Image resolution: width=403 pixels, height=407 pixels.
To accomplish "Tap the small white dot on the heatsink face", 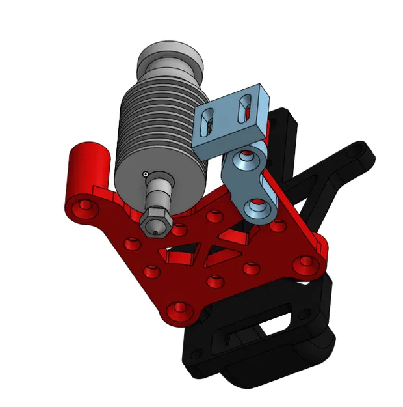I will (x=146, y=173).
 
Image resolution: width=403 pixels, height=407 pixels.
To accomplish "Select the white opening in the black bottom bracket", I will (x=278, y=327).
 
